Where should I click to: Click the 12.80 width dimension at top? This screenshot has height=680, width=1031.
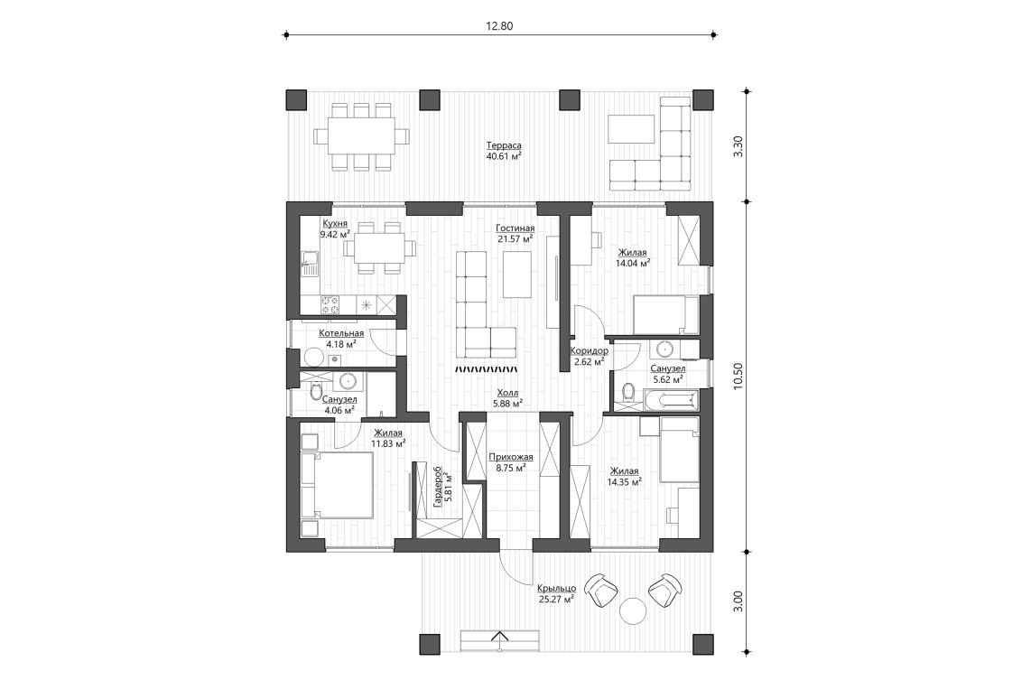click(499, 26)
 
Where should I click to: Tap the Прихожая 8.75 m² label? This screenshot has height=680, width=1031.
click(510, 462)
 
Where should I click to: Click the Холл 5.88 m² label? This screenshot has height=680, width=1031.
click(506, 398)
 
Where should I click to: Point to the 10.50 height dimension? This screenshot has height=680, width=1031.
click(738, 375)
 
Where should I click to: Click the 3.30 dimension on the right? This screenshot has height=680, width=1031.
click(738, 146)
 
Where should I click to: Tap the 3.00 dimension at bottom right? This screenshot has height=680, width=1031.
click(738, 601)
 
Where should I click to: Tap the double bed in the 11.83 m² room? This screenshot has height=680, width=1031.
click(339, 485)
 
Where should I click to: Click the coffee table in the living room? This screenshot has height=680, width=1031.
click(517, 274)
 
